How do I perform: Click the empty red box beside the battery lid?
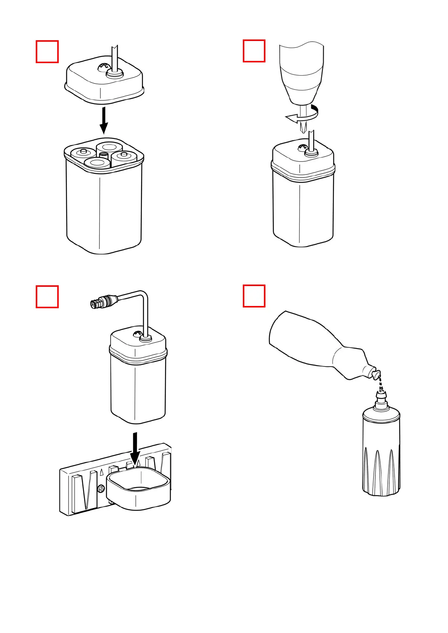[x=47, y=51]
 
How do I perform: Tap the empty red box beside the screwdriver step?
[x=254, y=51]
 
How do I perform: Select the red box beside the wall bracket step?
[x=47, y=297]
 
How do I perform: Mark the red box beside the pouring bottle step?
[x=254, y=296]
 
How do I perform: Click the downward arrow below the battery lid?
[x=104, y=120]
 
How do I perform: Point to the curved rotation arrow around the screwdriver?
[x=301, y=117]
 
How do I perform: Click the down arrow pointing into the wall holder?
[x=135, y=449]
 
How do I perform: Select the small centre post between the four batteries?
[x=104, y=156]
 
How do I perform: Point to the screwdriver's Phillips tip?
[x=302, y=128]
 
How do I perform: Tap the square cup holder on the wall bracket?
[x=139, y=489]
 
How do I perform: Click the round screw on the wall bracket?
[x=101, y=489]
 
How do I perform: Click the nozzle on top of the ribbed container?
[x=382, y=398]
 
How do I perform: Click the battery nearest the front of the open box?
[x=97, y=164]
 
